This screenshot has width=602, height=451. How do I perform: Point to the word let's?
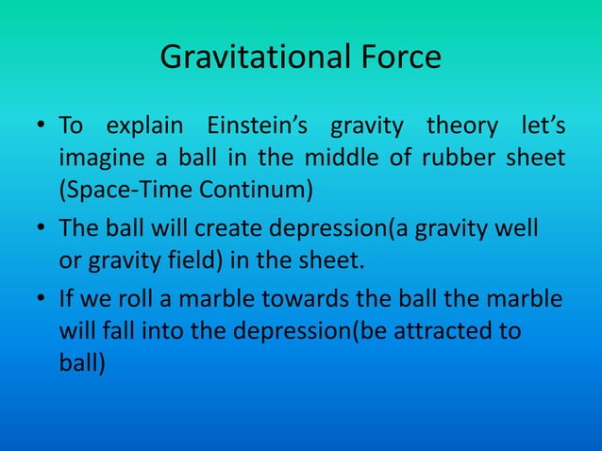pyautogui.click(x=543, y=126)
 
